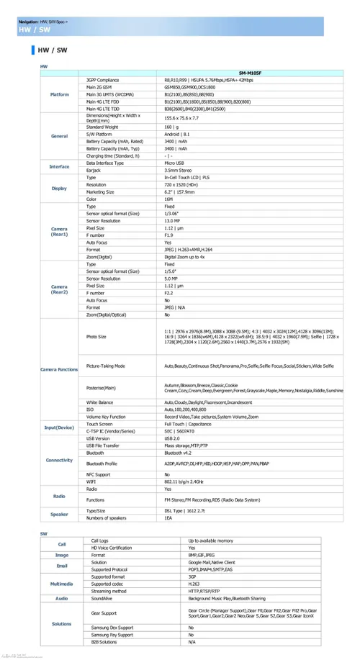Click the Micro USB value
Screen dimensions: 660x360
(x=174, y=163)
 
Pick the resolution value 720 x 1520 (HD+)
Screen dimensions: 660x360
(x=181, y=184)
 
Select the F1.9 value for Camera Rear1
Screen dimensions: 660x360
(x=168, y=235)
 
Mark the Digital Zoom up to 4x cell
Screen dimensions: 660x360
(x=184, y=257)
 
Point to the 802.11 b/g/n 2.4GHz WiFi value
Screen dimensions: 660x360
(x=186, y=482)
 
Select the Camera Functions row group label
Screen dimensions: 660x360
(x=59, y=369)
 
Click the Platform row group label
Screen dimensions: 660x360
(x=60, y=94)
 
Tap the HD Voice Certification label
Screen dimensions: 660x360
(x=112, y=548)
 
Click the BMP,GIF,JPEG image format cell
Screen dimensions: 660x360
(x=202, y=555)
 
